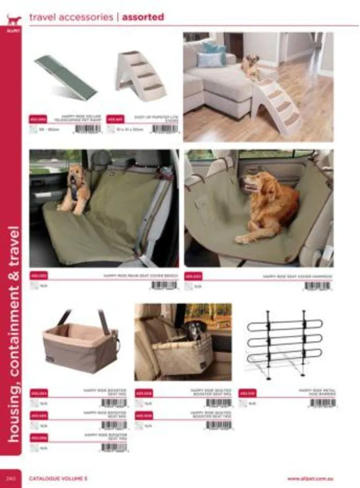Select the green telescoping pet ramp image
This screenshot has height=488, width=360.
click(x=65, y=77)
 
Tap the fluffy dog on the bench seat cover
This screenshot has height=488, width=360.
click(x=75, y=188)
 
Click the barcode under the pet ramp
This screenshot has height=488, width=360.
click(x=88, y=129)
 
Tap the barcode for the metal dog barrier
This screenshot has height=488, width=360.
click(x=322, y=403)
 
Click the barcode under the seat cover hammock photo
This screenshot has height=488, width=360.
click(x=317, y=286)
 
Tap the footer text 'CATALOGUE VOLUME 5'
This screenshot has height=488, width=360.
click(x=57, y=478)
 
